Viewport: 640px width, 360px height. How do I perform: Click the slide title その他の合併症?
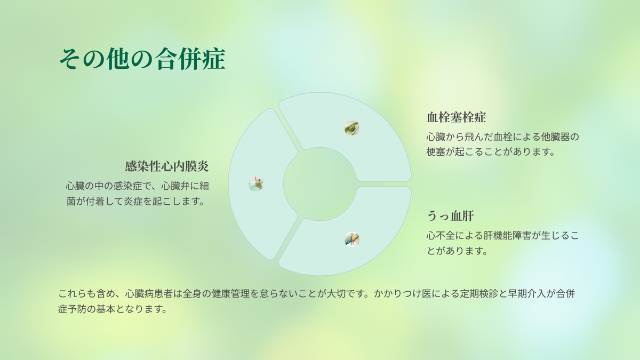(142, 59)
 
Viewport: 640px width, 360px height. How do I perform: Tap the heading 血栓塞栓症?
(456, 117)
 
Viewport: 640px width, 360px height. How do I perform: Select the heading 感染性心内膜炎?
(167, 166)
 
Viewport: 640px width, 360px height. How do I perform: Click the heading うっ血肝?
(450, 216)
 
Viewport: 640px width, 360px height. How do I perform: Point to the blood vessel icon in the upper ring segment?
(351, 127)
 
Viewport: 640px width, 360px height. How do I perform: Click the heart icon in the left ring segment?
(255, 183)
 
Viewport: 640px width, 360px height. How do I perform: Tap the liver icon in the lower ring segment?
(351, 239)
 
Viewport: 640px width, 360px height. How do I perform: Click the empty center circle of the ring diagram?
(319, 184)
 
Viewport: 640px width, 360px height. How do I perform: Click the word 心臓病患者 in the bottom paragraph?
(149, 294)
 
